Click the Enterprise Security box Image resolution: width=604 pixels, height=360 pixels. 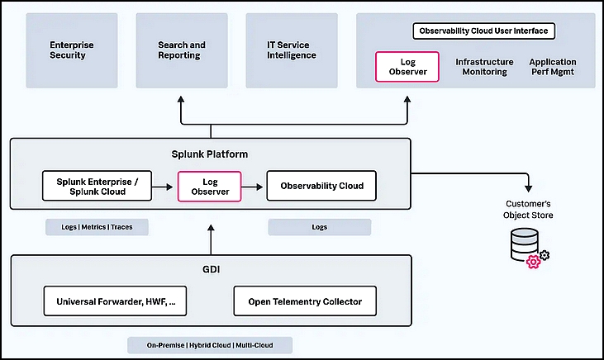pos(72,50)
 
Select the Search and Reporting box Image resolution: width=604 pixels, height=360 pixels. pos(182,50)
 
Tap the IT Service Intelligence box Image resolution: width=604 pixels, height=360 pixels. pos(292,50)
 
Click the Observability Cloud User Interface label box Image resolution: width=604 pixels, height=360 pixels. pos(484,31)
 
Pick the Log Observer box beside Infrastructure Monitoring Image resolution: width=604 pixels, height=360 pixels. pos(407,67)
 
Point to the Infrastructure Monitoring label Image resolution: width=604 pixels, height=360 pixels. pos(484,67)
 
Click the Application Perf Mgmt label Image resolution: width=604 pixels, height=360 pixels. pos(553,67)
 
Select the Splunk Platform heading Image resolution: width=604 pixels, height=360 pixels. pos(210,154)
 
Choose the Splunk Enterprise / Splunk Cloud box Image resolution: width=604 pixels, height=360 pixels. pos(97,186)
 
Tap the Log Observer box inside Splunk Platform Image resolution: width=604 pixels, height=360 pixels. pos(210,187)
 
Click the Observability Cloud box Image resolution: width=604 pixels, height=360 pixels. pos(321,186)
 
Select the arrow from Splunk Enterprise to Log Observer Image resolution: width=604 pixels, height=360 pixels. pos(163,187)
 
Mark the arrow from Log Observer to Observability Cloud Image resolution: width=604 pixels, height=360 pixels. pos(252,187)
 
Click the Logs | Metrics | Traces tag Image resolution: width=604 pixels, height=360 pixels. pos(97,227)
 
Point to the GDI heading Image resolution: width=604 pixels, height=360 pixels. pos(211,269)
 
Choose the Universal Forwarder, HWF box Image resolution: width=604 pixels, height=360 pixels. pos(115,301)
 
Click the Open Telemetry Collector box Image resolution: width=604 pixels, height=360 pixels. pos(305,301)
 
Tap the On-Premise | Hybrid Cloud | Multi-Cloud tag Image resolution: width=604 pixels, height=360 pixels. pos(210,345)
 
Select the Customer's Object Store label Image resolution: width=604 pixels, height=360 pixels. pos(528,210)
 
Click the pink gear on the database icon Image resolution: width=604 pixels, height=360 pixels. pos(534,262)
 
